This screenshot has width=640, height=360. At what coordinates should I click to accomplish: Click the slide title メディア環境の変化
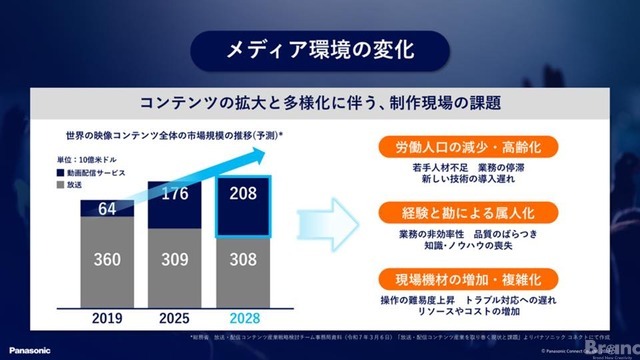pyautogui.click(x=320, y=47)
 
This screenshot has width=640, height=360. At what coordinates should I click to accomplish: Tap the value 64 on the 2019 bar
pyautogui.click(x=107, y=208)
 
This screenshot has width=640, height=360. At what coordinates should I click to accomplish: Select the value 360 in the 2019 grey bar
pyautogui.click(x=107, y=260)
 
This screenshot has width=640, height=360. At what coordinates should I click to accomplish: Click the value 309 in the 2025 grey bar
pyautogui.click(x=176, y=260)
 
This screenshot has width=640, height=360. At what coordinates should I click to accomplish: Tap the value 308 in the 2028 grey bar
pyautogui.click(x=241, y=260)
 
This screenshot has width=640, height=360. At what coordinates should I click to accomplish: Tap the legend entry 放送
pyautogui.click(x=89, y=185)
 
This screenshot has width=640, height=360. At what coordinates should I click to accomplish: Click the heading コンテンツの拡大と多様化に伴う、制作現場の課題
pyautogui.click(x=320, y=103)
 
